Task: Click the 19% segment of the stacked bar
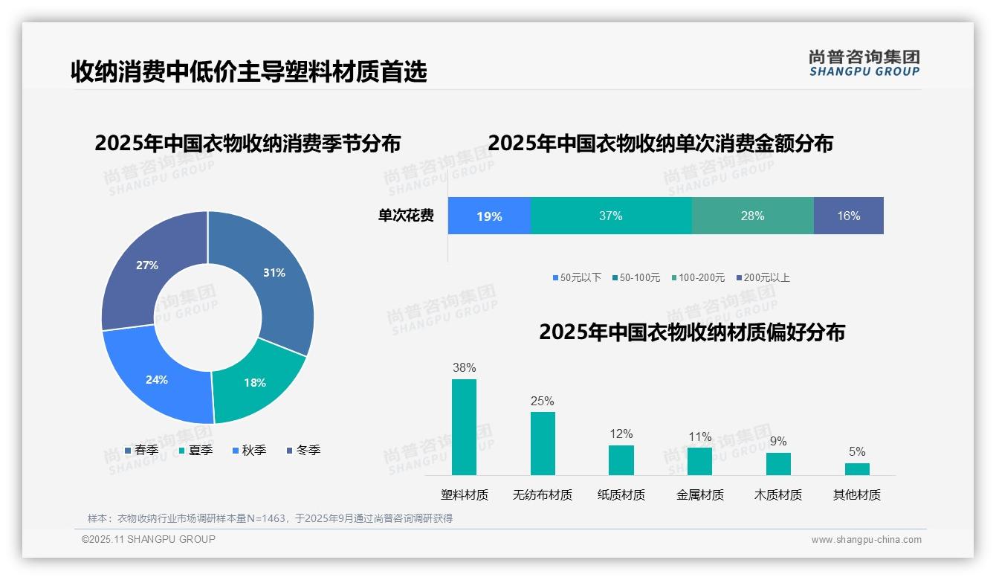pos(489,216)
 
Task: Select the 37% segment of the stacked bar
pos(610,216)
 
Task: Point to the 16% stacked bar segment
pos(848,216)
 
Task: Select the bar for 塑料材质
pos(464,427)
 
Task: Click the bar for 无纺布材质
pos(543,443)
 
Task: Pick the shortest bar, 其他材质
pos(857,469)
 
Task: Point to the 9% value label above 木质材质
pos(778,442)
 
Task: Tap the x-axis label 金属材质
pos(700,495)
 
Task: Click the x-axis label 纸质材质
pos(621,495)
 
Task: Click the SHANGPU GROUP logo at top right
pos(864,62)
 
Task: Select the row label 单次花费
pos(406,216)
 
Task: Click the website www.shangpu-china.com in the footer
pos(866,540)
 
